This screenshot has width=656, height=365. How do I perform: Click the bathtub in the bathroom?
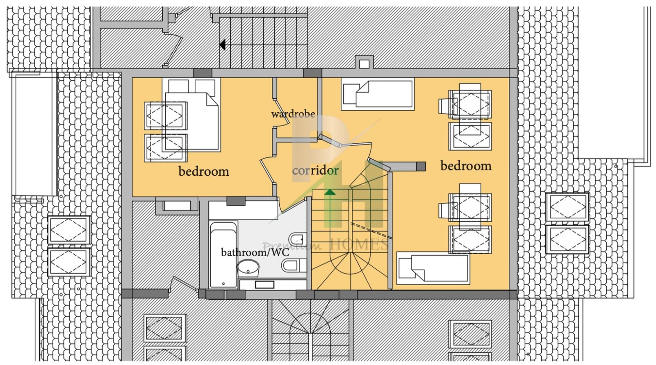pos(223,255)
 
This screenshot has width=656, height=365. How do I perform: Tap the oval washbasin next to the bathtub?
pos(248,268)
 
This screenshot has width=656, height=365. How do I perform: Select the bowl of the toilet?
pos(290,266)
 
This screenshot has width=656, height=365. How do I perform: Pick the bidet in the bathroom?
pos(297,239)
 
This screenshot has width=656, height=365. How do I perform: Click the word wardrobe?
pos(293,114)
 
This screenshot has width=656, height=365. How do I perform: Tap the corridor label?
pos(315,170)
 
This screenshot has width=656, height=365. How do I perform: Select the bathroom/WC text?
pos(255,252)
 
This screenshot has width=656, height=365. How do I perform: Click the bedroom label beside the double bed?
pos(204,171)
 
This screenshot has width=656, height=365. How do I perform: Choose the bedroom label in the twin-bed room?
pos(466,166)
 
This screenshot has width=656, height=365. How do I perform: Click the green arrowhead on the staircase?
pos(330,192)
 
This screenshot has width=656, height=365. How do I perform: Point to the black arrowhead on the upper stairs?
pos(222,45)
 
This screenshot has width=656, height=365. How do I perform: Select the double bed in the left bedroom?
pos(191,115)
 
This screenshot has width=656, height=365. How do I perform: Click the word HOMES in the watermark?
pos(360,245)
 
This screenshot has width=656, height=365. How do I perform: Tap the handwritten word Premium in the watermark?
pos(292,246)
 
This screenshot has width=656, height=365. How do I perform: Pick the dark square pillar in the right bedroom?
pos(421,166)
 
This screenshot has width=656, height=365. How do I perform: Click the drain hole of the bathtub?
pos(223,283)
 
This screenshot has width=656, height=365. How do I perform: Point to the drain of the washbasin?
pos(248,271)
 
